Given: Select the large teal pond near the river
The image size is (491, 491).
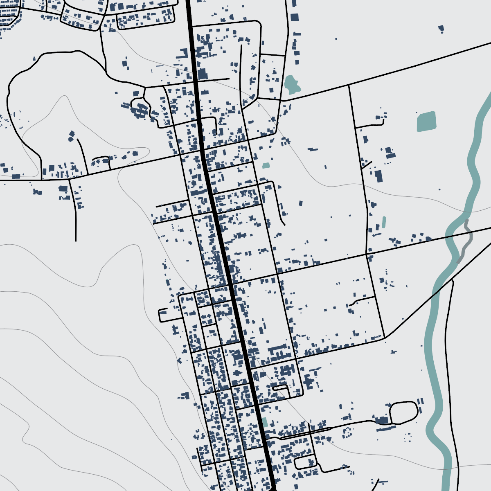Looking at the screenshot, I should [426, 121].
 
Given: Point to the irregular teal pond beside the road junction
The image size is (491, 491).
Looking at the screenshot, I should [291, 83].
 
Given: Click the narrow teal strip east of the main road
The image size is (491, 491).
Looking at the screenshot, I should [384, 222].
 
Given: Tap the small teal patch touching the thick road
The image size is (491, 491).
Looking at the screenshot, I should [265, 422].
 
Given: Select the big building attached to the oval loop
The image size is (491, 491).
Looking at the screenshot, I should [382, 420].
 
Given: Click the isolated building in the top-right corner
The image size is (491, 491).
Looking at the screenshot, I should [441, 29].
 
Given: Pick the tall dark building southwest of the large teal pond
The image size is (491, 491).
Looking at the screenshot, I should [378, 176].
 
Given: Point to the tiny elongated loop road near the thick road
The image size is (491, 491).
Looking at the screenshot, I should [280, 387].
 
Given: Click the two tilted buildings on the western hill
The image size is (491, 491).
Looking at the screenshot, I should [72, 136].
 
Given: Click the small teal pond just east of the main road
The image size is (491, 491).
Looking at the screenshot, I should [266, 166].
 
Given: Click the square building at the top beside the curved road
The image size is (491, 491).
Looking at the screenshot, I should [295, 17].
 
